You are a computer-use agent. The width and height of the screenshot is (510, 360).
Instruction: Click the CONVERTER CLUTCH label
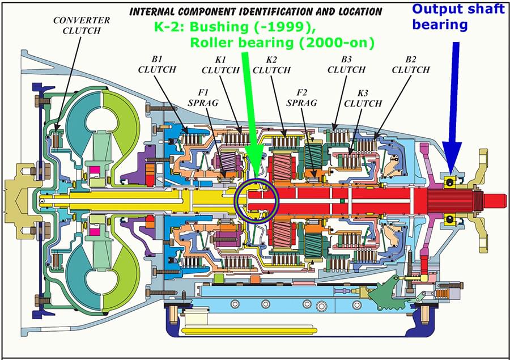[82, 26]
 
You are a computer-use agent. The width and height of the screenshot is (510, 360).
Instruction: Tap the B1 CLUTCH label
[157, 65]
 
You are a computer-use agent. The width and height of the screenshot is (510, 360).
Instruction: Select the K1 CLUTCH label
[220, 65]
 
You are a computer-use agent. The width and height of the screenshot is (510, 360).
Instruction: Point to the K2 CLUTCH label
[271, 65]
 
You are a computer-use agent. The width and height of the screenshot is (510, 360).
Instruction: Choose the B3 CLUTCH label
[346, 65]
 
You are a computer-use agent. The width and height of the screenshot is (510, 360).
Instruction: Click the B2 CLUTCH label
[411, 65]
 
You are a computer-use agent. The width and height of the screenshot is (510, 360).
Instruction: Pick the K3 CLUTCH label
[363, 98]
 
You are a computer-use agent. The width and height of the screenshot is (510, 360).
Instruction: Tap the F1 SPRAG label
[203, 98]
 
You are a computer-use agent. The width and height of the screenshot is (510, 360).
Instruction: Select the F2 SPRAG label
[301, 98]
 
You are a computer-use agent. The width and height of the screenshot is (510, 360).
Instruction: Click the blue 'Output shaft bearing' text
[458, 17]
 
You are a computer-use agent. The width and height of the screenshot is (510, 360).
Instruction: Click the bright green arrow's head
[256, 162]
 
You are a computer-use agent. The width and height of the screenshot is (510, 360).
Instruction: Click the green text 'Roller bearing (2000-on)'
[282, 43]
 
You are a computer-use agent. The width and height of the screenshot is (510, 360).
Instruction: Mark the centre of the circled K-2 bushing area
[257, 201]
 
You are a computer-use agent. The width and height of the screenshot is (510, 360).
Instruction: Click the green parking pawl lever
[385, 293]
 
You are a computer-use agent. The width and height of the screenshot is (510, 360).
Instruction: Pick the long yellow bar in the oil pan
[249, 331]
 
